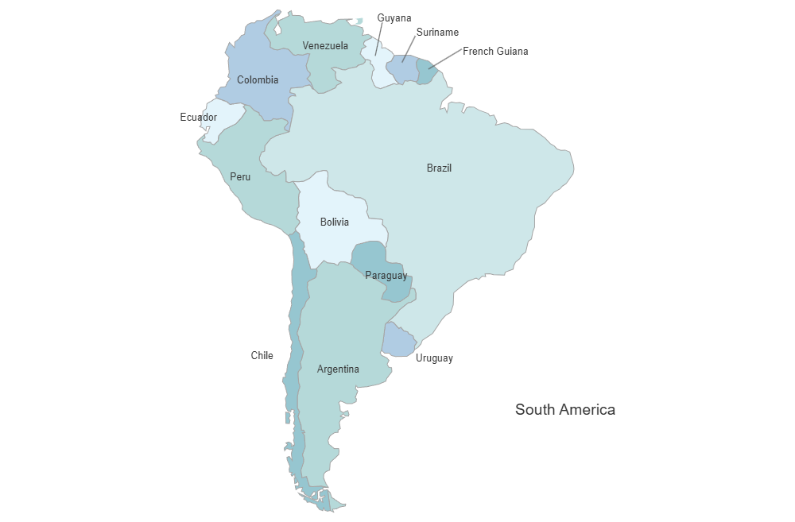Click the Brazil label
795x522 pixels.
tap(439, 168)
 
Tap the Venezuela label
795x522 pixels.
tap(325, 46)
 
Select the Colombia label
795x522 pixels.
tap(258, 79)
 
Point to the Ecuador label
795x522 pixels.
tap(198, 118)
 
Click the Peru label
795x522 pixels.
tap(240, 176)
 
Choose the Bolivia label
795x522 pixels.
tap(334, 222)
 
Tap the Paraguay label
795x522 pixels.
tap(386, 276)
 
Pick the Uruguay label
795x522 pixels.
tap(434, 358)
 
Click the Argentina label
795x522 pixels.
tap(338, 369)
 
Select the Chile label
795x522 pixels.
tap(262, 356)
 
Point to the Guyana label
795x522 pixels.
tap(394, 17)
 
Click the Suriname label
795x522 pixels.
tap(437, 33)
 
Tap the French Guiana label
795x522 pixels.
tap(495, 52)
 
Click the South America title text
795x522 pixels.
tap(564, 410)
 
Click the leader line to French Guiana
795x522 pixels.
tap(445, 60)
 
